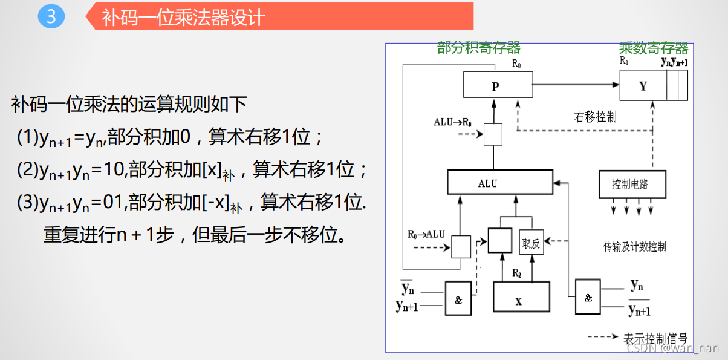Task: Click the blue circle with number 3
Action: coord(51,16)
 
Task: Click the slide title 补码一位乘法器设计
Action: coord(184,17)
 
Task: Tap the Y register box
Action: coord(643,86)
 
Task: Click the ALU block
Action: coord(499,183)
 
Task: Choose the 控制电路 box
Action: coord(629,184)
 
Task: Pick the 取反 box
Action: coord(530,243)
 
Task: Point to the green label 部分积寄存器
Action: coord(479,48)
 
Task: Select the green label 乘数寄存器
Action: coord(654,48)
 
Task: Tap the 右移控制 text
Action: coord(595,116)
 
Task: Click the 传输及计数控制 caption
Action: coord(634,246)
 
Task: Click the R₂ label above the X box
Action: coord(516,273)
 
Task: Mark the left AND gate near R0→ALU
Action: coord(458,299)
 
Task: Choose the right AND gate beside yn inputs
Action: coord(588,297)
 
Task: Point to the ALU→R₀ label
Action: coord(453,122)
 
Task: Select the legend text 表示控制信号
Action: coord(655,338)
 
